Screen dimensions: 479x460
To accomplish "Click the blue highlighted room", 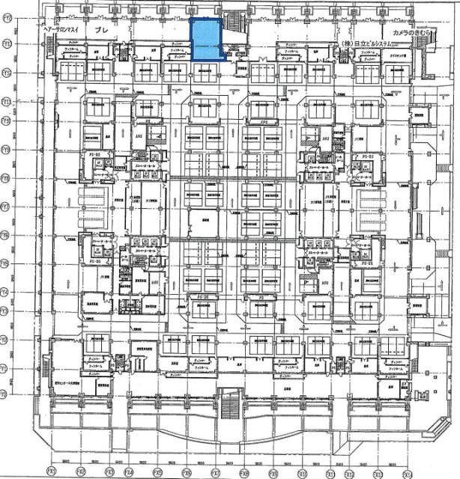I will coord(206,40).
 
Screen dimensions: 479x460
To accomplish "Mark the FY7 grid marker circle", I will coord(5,204).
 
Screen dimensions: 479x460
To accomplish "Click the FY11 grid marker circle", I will coord(5,101).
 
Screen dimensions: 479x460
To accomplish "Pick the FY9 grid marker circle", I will coord(5,148).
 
